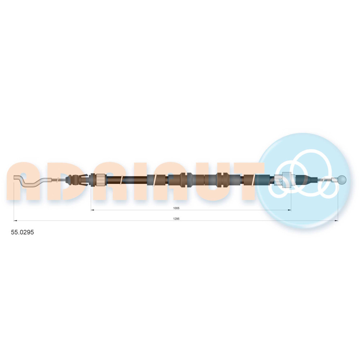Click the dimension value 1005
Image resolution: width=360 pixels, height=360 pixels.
coord(176,208)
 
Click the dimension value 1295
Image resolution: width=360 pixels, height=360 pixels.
coord(176,219)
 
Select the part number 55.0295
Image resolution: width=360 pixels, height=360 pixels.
coord(22,232)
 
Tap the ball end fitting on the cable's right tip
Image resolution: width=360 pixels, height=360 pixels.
coord(342,180)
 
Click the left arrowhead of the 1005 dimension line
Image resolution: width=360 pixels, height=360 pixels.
coord(92,210)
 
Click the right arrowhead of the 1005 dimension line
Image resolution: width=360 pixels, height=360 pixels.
coord(290,210)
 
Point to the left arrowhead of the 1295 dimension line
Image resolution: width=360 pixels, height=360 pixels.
coord(15,221)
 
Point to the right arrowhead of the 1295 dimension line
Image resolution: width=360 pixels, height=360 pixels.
coord(336,221)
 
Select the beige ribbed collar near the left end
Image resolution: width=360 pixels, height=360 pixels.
coord(101,180)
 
